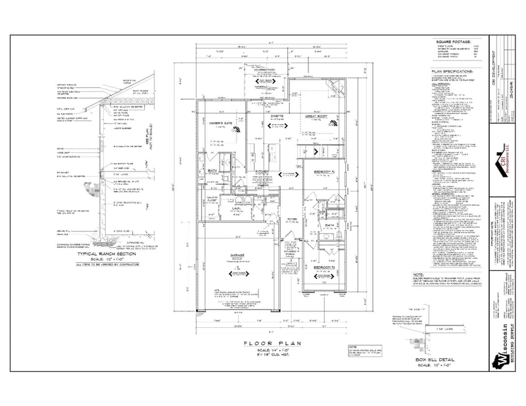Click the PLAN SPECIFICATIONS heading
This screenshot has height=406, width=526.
pyautogui.click(x=451, y=70)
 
